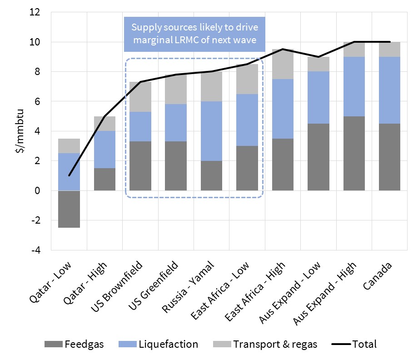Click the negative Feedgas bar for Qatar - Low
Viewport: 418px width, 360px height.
pos(69,209)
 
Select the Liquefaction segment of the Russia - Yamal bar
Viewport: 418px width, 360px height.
pos(212,131)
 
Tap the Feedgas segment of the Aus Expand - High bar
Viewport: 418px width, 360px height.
pos(354,153)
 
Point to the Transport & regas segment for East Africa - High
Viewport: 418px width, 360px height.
pos(283,64)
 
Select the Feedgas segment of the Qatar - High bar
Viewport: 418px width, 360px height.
pos(104,179)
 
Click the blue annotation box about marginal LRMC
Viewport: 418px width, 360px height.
pos(194,33)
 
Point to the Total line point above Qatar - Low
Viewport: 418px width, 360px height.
pos(69,175)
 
